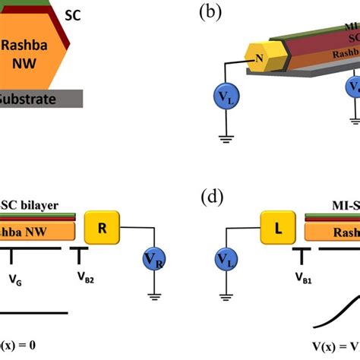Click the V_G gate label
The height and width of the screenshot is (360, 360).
(14, 278)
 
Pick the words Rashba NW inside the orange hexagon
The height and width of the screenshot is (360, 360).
(30, 54)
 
